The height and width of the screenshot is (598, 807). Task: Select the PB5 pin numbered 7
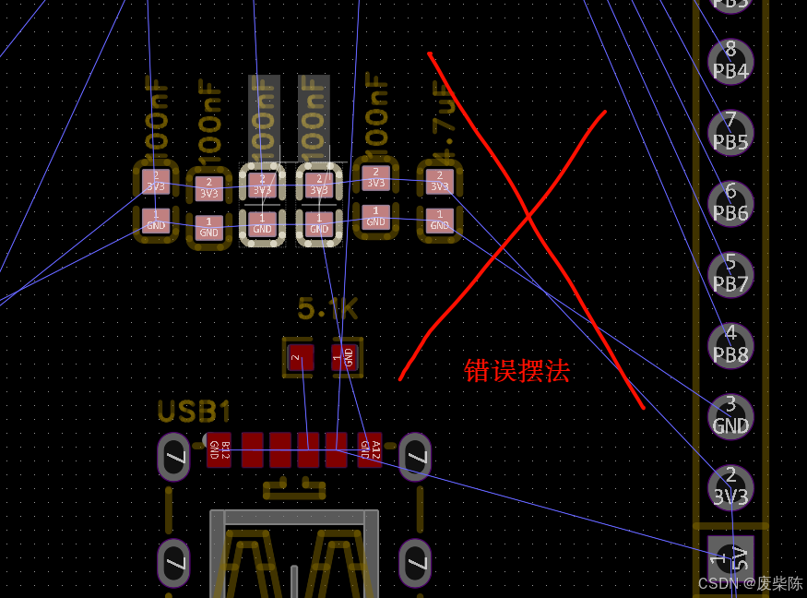(730, 132)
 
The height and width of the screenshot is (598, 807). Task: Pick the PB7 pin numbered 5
(730, 274)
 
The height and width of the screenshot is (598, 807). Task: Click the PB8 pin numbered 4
(730, 344)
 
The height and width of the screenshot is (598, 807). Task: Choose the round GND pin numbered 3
(730, 415)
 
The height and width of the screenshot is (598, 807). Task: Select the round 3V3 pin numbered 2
(730, 486)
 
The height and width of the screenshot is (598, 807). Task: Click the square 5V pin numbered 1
(730, 557)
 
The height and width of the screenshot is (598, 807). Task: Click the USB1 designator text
(194, 412)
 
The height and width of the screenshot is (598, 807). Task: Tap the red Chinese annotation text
(516, 371)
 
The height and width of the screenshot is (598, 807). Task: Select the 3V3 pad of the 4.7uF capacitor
(440, 181)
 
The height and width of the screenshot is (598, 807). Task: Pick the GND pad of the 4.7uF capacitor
(440, 221)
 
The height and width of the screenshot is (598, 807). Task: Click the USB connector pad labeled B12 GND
(219, 449)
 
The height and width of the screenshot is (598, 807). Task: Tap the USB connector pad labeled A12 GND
(370, 449)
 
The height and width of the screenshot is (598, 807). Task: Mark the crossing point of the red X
(528, 218)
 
